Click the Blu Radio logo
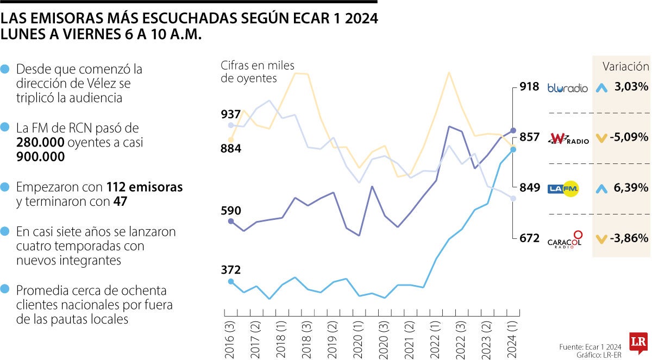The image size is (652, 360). click(x=567, y=87)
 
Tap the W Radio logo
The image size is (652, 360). click(x=568, y=138)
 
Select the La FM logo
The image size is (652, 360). click(x=563, y=188)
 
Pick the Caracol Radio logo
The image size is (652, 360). click(x=565, y=239)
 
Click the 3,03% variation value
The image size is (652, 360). click(x=631, y=87)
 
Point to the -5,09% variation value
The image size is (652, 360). click(x=629, y=137)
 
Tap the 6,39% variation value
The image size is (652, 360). click(x=631, y=188)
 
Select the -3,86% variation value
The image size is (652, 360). click(x=629, y=238)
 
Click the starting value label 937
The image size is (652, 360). click(x=231, y=115)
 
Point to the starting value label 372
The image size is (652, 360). click(x=231, y=270)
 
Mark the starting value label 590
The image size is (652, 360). click(x=231, y=211)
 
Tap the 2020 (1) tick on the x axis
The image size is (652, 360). click(x=358, y=337)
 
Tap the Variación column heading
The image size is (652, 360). click(x=625, y=66)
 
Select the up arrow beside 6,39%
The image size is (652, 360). click(x=601, y=188)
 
